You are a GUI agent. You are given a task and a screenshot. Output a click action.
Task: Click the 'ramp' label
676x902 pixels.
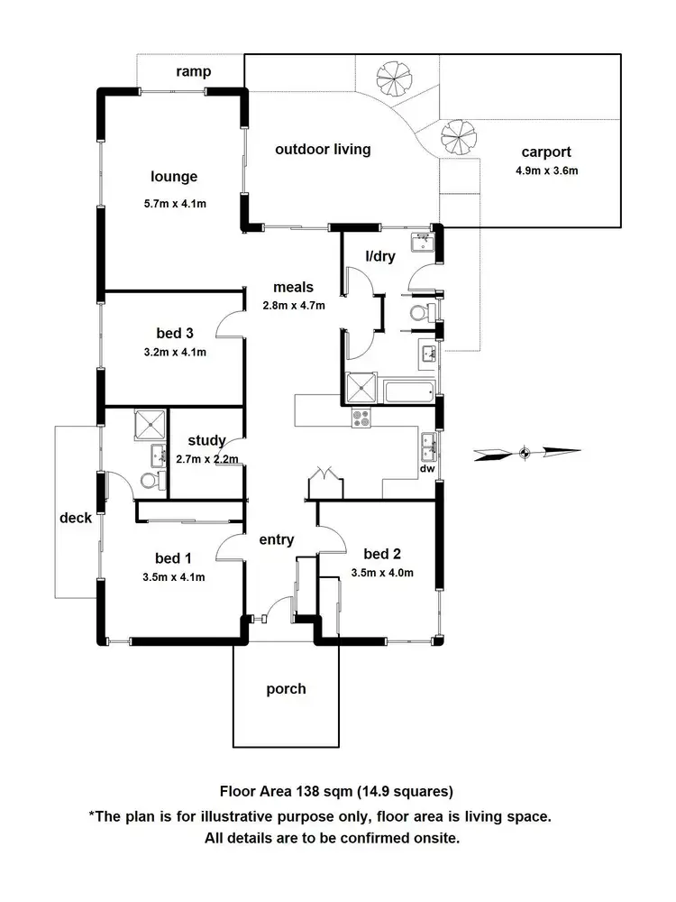coord(194,70)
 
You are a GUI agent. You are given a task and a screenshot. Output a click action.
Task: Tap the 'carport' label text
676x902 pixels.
coord(546,152)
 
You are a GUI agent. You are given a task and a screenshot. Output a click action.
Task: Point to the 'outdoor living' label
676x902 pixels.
coord(323,149)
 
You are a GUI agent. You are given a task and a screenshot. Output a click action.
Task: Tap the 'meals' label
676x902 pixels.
coord(294,288)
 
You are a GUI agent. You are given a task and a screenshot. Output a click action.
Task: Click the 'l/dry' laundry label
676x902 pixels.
coord(379,256)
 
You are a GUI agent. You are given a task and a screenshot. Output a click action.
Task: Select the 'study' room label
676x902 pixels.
coord(206,441)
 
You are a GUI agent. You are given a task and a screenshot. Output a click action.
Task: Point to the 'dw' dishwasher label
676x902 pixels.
coord(427,469)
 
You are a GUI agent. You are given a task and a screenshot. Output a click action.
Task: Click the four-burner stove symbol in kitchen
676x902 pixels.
coord(361,419)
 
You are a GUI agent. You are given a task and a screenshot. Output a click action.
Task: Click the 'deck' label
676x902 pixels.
coord(76,518)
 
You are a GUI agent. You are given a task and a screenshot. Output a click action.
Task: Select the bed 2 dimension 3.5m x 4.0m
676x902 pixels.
coord(382,572)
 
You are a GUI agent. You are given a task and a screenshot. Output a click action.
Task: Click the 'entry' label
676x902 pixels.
coord(277,539)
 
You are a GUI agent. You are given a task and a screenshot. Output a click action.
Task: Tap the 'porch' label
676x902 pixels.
coord(286,689)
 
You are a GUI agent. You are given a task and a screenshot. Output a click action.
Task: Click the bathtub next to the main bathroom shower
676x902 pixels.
coord(408,391)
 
